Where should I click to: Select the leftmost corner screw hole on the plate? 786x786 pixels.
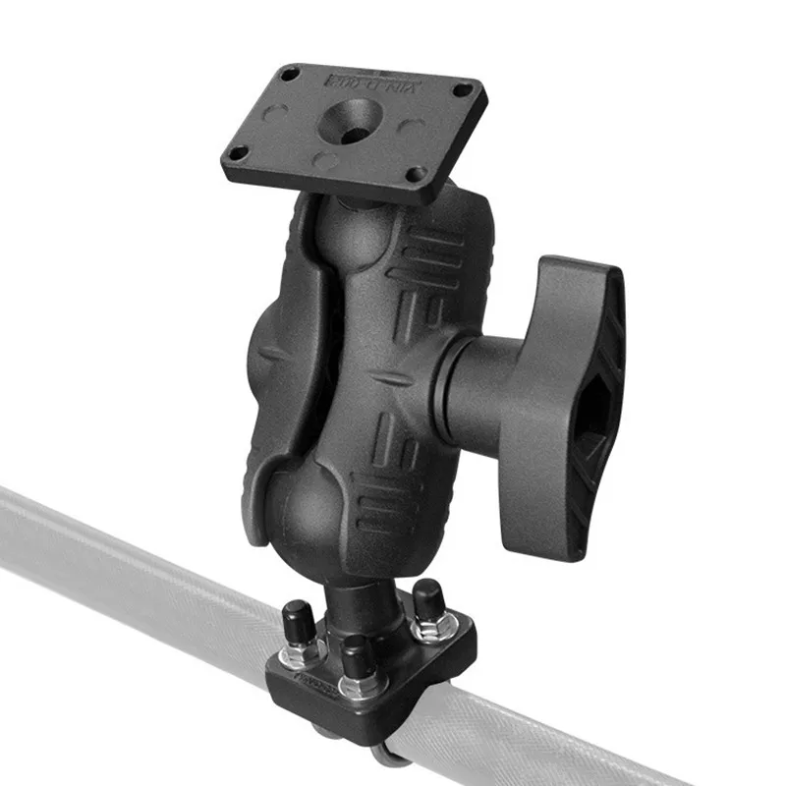pos(236,153)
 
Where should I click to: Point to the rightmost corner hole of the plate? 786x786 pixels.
pos(463,90)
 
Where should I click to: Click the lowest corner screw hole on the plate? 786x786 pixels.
pos(418,174)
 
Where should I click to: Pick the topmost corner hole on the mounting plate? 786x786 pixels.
pos(290,74)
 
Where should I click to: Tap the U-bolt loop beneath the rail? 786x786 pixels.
pos(393,752)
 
